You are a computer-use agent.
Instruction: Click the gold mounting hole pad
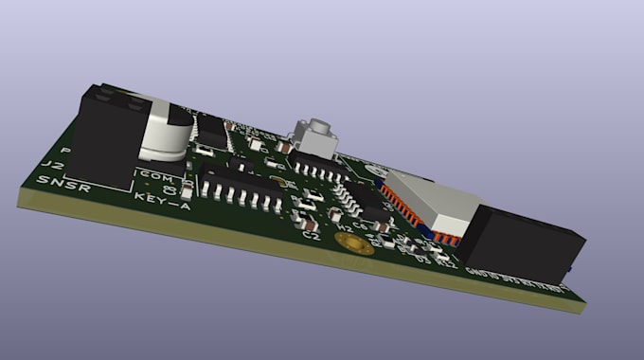[x=353, y=245]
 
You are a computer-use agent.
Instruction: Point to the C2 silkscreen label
[x=310, y=235]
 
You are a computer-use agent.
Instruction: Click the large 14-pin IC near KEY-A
[x=241, y=181]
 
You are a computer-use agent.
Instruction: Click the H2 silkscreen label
[x=347, y=228]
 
